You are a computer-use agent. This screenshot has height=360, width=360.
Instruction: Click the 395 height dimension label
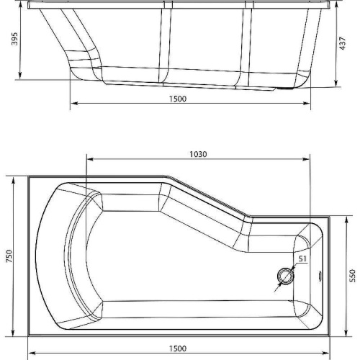[x=15, y=39]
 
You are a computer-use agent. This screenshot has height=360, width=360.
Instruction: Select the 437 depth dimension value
[x=343, y=43]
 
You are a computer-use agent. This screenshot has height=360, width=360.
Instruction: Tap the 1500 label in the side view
[x=178, y=99]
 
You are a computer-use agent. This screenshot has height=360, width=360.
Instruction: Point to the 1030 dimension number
[x=198, y=154]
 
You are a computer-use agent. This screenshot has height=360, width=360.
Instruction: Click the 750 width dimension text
[x=9, y=256]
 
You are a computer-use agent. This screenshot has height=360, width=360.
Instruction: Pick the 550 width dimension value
[x=352, y=276]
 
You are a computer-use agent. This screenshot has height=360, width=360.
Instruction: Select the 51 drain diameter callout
[x=302, y=258]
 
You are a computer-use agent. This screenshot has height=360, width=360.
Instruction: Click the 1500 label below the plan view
[x=178, y=348]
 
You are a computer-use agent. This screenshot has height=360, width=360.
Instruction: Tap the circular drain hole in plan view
[x=286, y=276]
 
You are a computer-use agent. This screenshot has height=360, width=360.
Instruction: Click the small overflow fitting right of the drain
[x=320, y=275]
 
